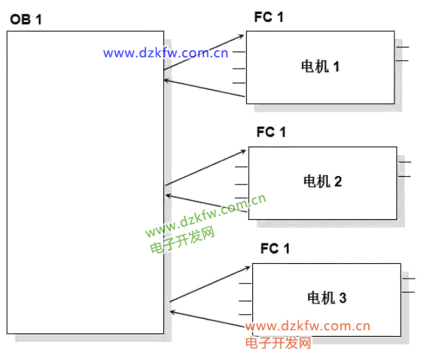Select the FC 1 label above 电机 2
click(271, 132)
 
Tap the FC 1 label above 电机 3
click(275, 248)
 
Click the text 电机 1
click(321, 67)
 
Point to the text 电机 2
click(322, 182)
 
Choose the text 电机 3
click(327, 298)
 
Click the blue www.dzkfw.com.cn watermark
click(165, 52)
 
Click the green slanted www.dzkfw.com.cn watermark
click(206, 216)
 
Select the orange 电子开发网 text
click(278, 343)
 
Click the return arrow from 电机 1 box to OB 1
click(205, 88)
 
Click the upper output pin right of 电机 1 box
click(403, 47)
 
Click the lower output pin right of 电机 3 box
click(408, 291)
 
